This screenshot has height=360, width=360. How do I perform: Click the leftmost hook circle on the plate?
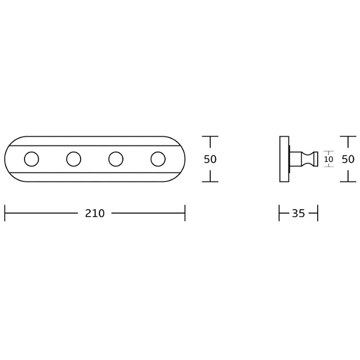[x=31, y=152]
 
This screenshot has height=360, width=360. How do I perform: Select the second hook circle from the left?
[x=74, y=152]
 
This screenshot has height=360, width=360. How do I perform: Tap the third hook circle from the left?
[x=116, y=152]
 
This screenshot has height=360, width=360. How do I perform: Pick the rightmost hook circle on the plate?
[x=158, y=152]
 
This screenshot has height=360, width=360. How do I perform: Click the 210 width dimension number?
[x=95, y=213]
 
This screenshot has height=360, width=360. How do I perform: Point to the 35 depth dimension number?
[x=298, y=213]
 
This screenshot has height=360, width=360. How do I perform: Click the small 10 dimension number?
[x=329, y=159]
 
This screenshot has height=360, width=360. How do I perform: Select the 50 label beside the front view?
[x=210, y=159]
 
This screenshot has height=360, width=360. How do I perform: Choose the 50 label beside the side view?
[x=348, y=159]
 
